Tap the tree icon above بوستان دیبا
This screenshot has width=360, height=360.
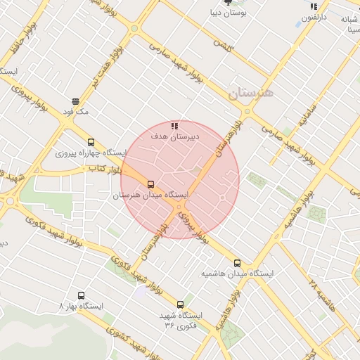click(227, 3)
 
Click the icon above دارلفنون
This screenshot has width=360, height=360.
click(314, 6)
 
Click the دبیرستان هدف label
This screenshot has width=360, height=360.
click(174, 137)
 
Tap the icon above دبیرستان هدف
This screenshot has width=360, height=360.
click(174, 126)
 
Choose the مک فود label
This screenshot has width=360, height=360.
click(76, 112)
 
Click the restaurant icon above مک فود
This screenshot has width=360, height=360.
click(75, 101)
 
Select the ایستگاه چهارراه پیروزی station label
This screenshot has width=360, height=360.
click(91, 153)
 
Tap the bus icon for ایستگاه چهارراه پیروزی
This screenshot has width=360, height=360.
click(91, 142)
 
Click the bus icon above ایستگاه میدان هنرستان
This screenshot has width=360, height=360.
click(150, 184)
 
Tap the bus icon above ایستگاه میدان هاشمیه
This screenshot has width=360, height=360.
click(236, 262)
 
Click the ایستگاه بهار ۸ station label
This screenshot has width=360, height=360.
click(82, 307)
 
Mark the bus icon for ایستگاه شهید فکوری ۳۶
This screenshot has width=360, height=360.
click(181, 304)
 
